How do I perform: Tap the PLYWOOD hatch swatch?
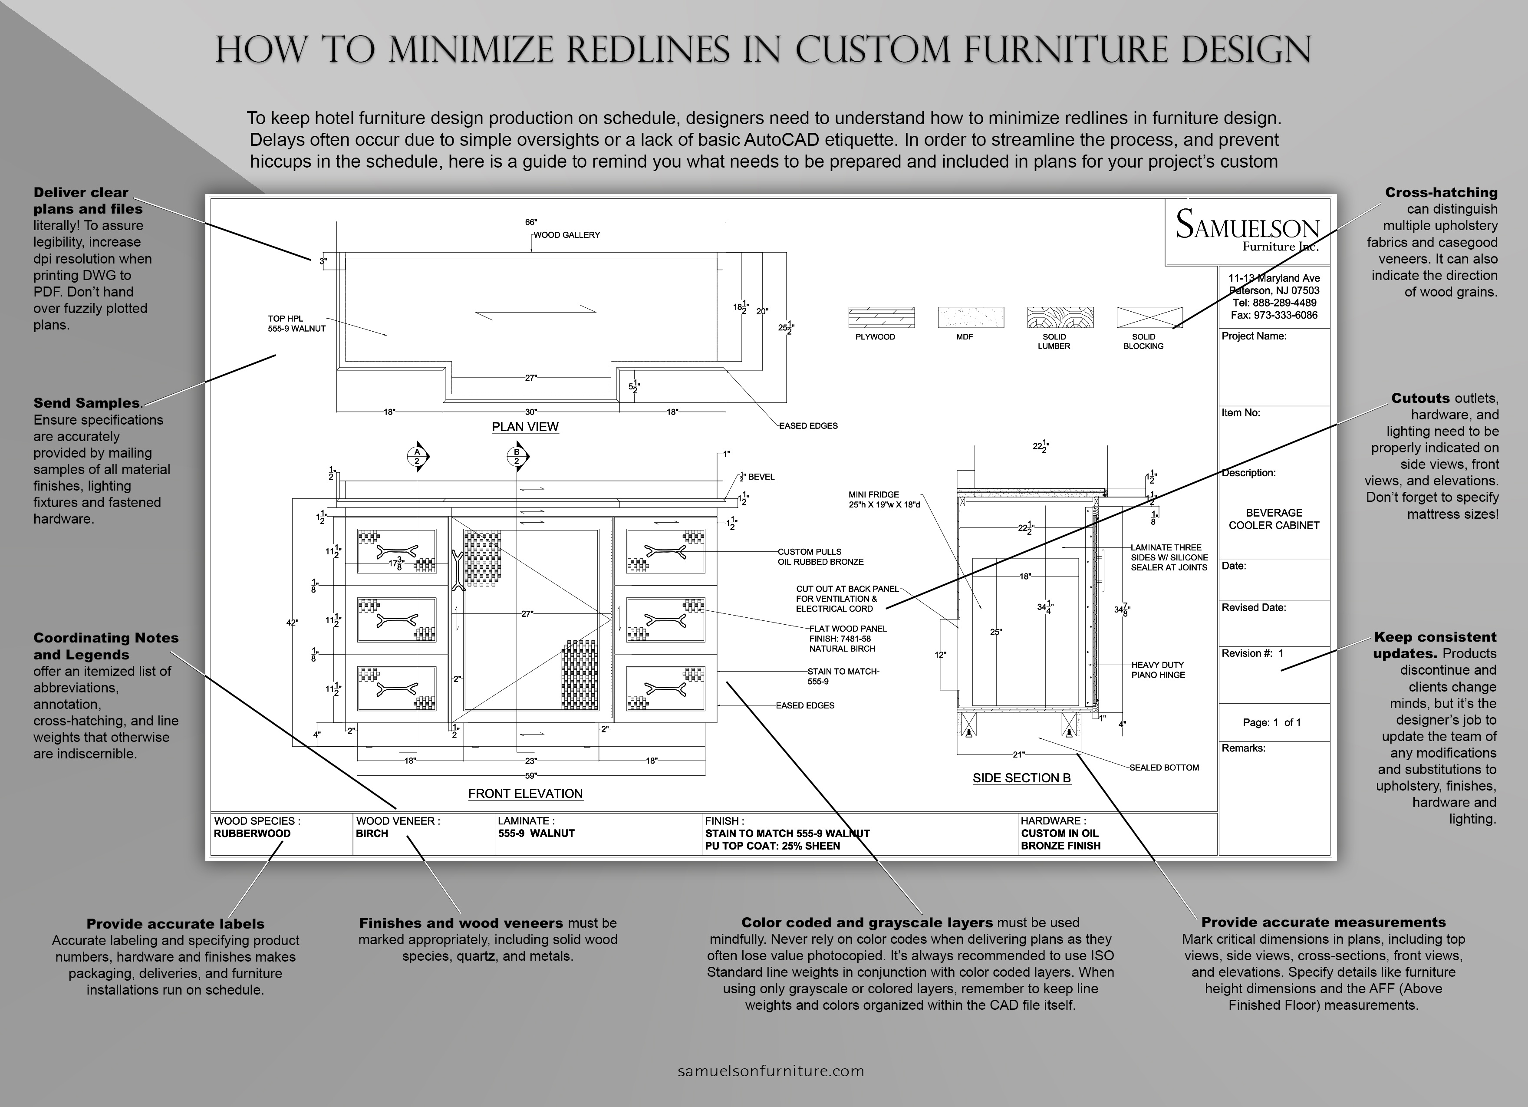click(x=881, y=317)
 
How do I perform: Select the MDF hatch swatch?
click(x=971, y=317)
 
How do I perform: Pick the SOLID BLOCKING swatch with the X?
click(x=1149, y=317)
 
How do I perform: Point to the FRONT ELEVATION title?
click(x=526, y=794)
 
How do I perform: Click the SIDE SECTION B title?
click(x=1021, y=778)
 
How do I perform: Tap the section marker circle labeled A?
click(x=417, y=456)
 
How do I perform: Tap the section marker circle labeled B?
click(x=517, y=456)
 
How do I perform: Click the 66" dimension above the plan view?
click(x=531, y=222)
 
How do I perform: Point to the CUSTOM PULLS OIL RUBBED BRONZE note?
click(x=820, y=557)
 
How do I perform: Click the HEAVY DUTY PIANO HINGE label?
click(x=1157, y=670)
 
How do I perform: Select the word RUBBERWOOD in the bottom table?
click(x=252, y=834)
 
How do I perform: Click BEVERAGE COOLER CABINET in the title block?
click(x=1273, y=519)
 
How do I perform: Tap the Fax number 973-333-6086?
click(x=1273, y=315)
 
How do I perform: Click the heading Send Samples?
click(x=87, y=403)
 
